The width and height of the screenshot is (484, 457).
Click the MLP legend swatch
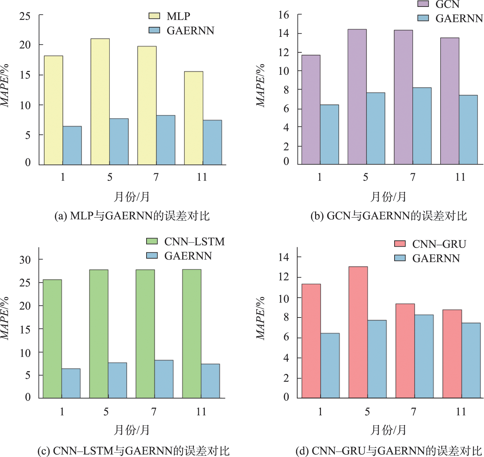(154, 16)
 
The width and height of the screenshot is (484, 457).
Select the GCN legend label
(447, 4)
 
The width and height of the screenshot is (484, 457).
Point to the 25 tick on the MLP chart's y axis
(25, 16)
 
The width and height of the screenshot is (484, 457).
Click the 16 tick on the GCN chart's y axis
(284, 15)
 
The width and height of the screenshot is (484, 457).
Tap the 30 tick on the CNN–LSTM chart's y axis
(25, 260)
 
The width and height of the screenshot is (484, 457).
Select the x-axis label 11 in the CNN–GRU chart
(461, 412)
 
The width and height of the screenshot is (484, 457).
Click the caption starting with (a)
(132, 216)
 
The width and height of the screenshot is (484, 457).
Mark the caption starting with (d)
(389, 451)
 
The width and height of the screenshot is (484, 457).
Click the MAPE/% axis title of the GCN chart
(260, 85)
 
